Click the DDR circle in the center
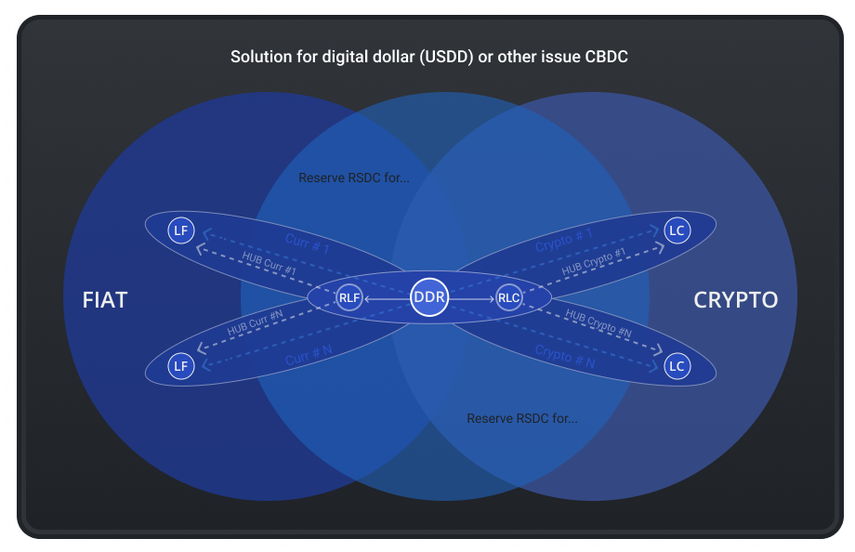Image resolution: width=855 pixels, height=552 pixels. click(x=429, y=297)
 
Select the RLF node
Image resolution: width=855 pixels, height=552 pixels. click(x=349, y=298)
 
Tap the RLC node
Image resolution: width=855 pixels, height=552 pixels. click(x=508, y=298)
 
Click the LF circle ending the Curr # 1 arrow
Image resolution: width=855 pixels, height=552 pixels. click(x=181, y=230)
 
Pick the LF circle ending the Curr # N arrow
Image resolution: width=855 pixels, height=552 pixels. click(x=181, y=366)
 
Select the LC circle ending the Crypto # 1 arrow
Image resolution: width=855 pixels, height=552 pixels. click(x=677, y=230)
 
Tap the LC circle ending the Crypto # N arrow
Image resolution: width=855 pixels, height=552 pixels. click(x=677, y=366)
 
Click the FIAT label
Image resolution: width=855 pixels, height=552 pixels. click(x=104, y=299)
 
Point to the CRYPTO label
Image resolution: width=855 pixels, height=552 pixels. click(x=736, y=299)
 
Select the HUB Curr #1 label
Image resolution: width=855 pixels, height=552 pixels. click(x=269, y=264)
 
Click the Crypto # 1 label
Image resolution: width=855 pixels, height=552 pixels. click(x=564, y=241)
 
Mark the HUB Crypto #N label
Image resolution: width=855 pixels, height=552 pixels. click(x=598, y=326)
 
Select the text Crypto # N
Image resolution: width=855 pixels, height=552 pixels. click(x=564, y=356)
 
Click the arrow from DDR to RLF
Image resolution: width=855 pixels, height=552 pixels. click(x=387, y=298)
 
